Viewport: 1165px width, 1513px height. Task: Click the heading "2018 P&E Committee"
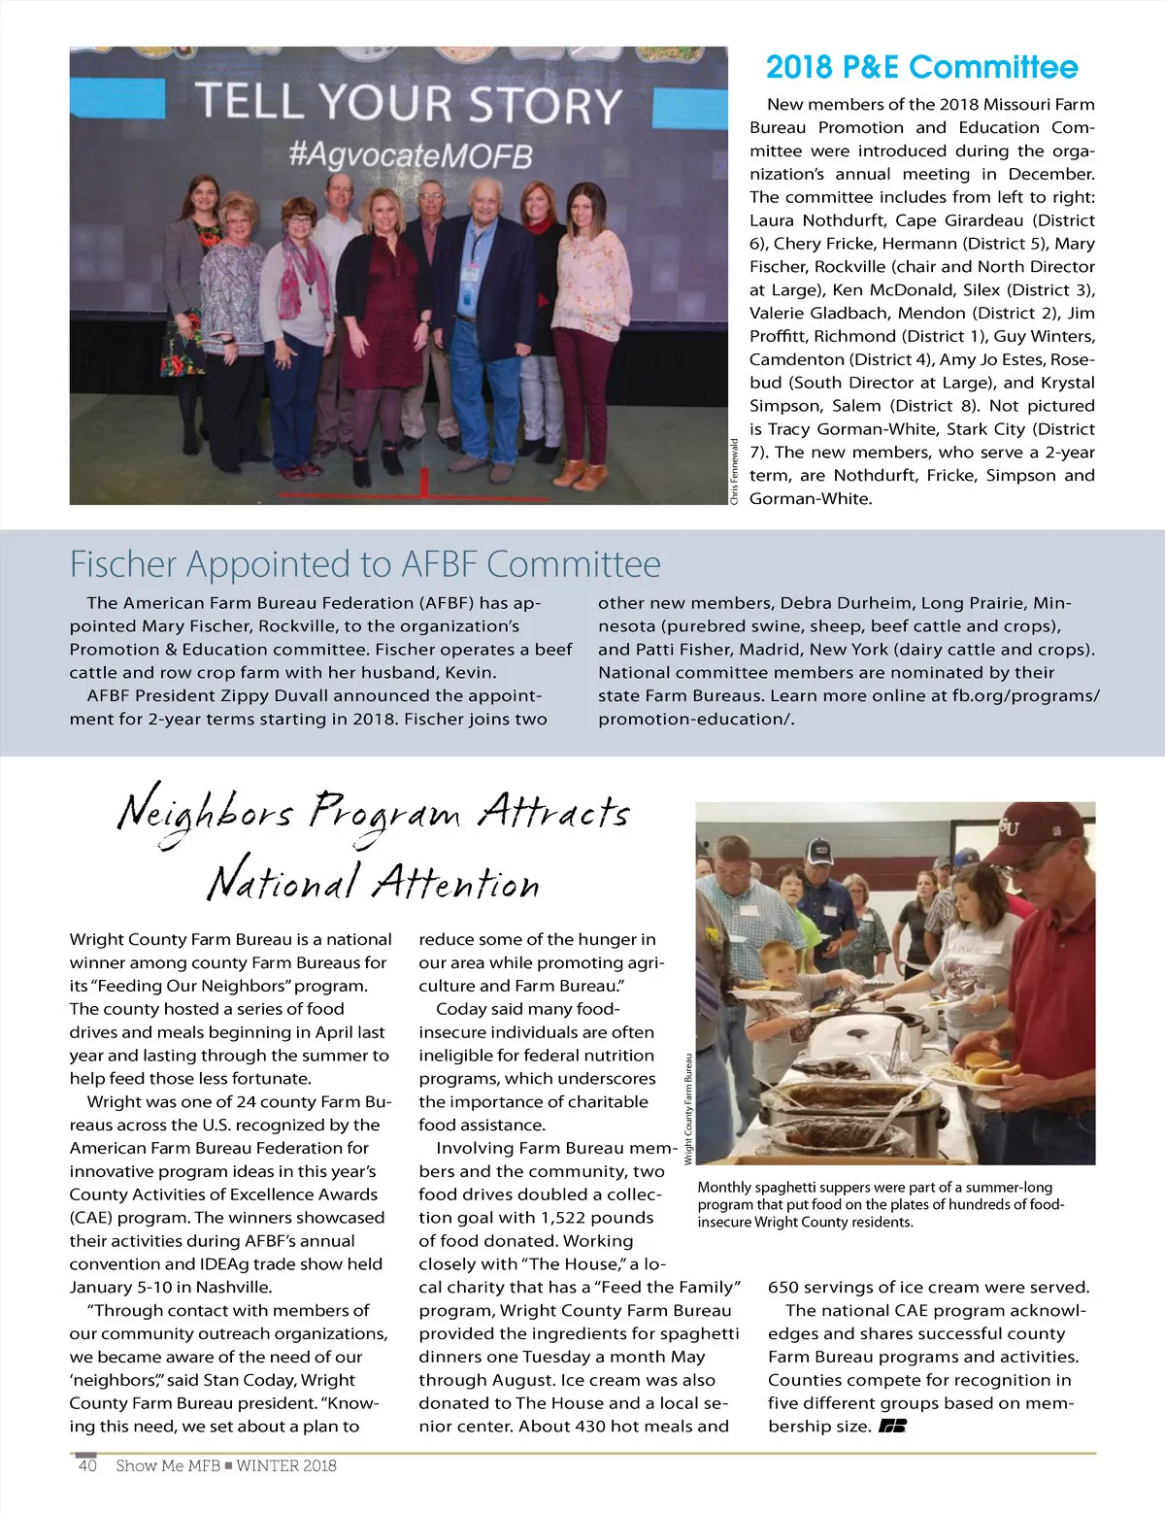[x=921, y=67]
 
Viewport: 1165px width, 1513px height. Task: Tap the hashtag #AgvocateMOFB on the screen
[x=411, y=155]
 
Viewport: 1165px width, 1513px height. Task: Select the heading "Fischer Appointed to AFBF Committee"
[x=365, y=564]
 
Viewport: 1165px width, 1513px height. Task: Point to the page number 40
[x=87, y=1465]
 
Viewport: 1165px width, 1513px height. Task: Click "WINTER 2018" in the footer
[x=286, y=1465]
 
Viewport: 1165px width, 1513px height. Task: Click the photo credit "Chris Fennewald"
[x=735, y=472]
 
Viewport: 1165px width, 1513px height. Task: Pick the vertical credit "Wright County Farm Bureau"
[x=688, y=1109]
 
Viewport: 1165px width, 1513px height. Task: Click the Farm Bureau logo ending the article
[x=892, y=1427]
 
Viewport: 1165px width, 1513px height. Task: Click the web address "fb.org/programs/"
[x=1025, y=695]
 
